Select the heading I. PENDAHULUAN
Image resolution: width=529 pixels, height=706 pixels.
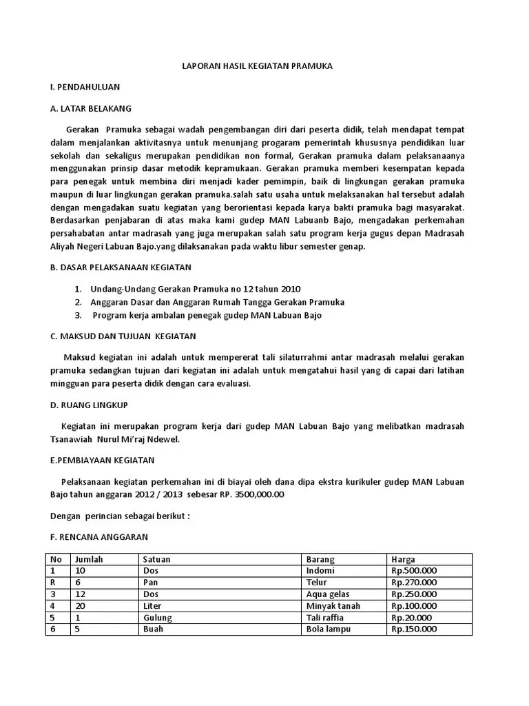point(85,87)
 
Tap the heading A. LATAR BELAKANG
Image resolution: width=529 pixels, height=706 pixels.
point(91,108)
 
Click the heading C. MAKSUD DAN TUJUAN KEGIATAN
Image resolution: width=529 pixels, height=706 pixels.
point(123,336)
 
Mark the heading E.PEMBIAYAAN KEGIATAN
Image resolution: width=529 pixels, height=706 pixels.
point(103,460)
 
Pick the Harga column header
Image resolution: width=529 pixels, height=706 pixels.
point(403,559)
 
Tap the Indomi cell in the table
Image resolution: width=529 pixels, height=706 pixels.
point(320,571)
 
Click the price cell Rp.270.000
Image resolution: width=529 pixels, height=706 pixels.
point(413,583)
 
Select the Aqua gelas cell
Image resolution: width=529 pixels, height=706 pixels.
point(329,594)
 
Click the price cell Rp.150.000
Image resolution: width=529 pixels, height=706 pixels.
point(413,629)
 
